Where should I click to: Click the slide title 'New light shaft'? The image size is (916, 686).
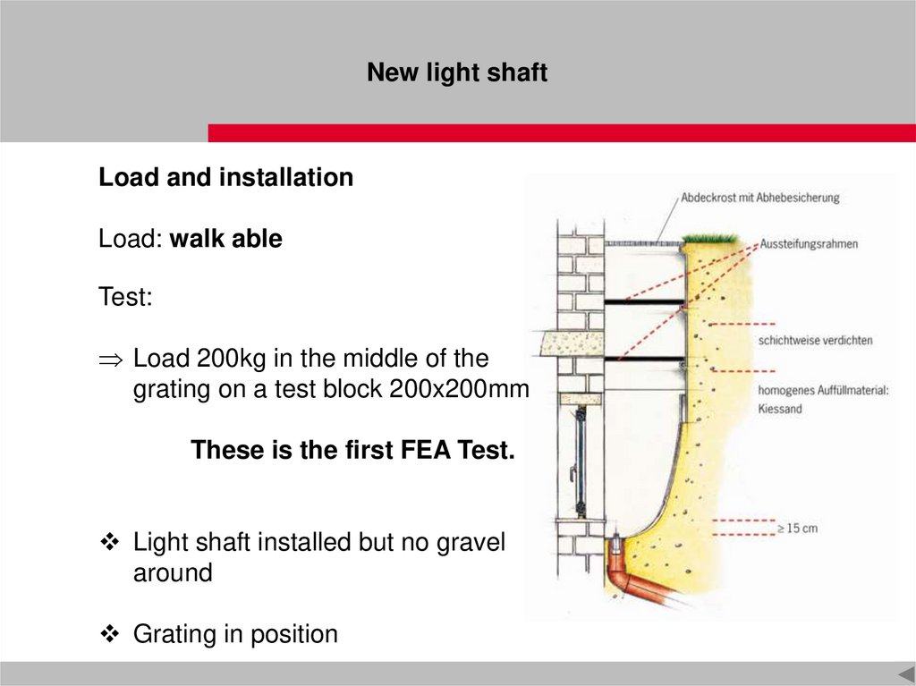pos(457,72)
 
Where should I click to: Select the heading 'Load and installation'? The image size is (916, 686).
pos(226,177)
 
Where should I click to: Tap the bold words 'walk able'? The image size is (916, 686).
pos(226,239)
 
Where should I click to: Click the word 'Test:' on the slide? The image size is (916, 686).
pos(125,296)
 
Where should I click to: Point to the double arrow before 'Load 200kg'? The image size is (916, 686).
pos(111,360)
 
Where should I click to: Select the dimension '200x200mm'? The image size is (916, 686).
pos(459,388)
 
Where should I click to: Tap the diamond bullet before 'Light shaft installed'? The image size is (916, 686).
pos(110,542)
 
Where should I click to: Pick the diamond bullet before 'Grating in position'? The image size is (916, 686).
pos(110,633)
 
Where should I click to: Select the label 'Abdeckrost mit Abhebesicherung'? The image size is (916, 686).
pos(760,198)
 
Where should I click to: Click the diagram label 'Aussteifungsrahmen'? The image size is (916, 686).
pos(809,243)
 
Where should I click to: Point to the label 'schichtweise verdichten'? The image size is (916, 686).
pos(816,340)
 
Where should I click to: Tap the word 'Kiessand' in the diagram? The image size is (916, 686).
pos(780,409)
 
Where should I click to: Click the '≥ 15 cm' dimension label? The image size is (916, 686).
pos(797,529)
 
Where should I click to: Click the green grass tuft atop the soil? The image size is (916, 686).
pos(710,239)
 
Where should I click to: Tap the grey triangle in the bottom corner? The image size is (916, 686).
pos(907,673)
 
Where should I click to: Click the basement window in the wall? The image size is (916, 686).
pos(580,462)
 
